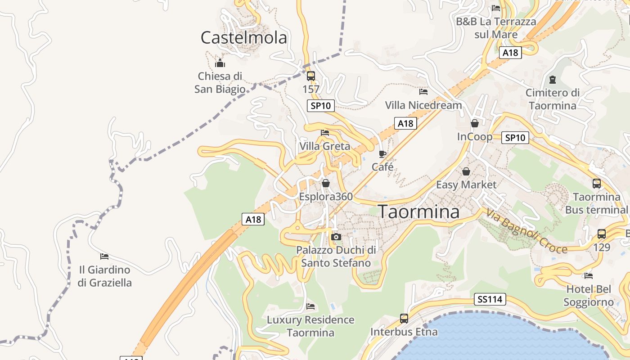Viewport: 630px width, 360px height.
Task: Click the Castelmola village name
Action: click(x=243, y=38)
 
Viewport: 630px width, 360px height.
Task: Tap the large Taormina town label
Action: click(x=418, y=211)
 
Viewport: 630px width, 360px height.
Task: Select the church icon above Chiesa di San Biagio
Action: click(x=220, y=63)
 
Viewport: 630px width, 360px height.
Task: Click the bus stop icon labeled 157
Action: click(x=310, y=76)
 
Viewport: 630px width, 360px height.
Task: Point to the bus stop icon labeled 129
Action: click(x=602, y=234)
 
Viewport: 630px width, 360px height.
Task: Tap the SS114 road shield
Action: click(x=490, y=299)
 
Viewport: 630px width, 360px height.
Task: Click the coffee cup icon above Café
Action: click(x=382, y=154)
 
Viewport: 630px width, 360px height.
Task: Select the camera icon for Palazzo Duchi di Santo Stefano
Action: click(x=336, y=237)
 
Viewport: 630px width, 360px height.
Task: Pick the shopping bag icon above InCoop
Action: click(x=475, y=123)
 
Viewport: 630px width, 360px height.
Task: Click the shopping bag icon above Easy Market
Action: click(x=466, y=171)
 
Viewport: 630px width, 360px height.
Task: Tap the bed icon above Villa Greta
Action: click(x=325, y=133)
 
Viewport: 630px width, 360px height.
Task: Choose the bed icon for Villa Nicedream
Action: click(x=423, y=92)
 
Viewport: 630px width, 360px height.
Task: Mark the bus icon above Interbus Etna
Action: click(x=404, y=319)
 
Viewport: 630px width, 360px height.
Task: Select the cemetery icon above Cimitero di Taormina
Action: click(x=553, y=80)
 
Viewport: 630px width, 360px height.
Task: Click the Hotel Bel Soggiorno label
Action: click(x=589, y=295)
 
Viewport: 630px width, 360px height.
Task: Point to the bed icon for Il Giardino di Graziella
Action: click(x=104, y=256)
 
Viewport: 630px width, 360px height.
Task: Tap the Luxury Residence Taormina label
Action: click(x=310, y=326)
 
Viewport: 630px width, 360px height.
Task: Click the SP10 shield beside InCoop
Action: click(x=515, y=138)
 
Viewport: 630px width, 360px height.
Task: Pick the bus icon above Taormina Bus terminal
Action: click(x=597, y=184)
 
